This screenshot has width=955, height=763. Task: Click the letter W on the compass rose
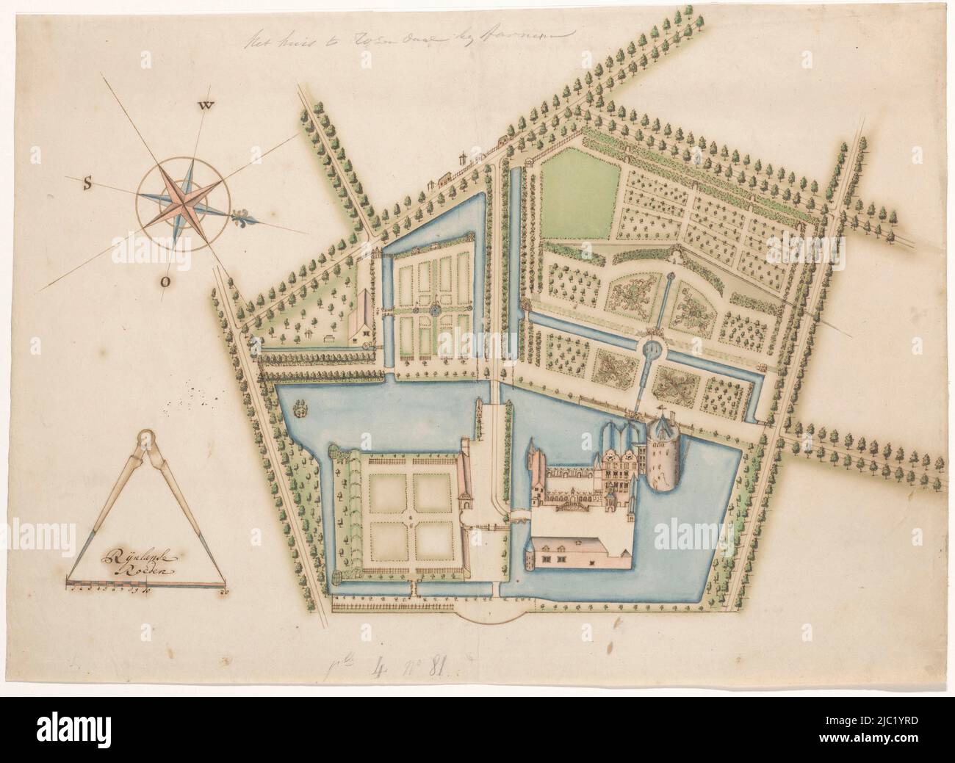pyautogui.click(x=207, y=106)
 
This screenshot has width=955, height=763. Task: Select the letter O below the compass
pyautogui.click(x=166, y=281)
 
